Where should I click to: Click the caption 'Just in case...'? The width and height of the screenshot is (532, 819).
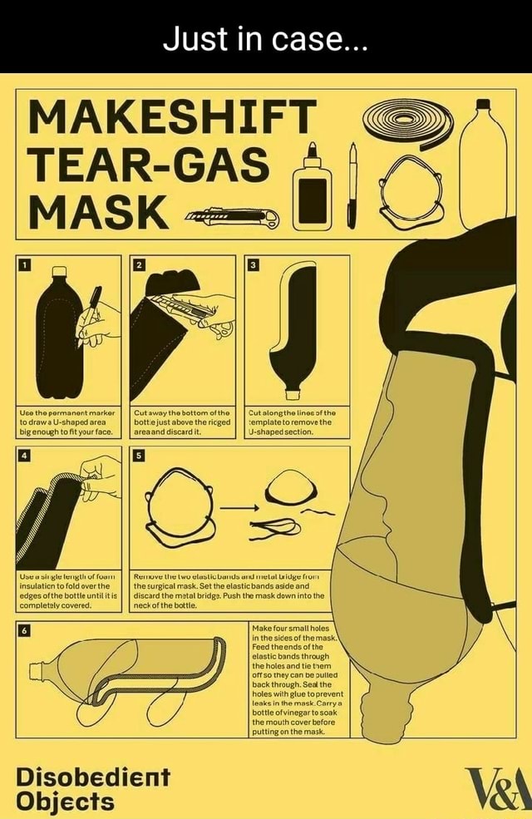point(266,37)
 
